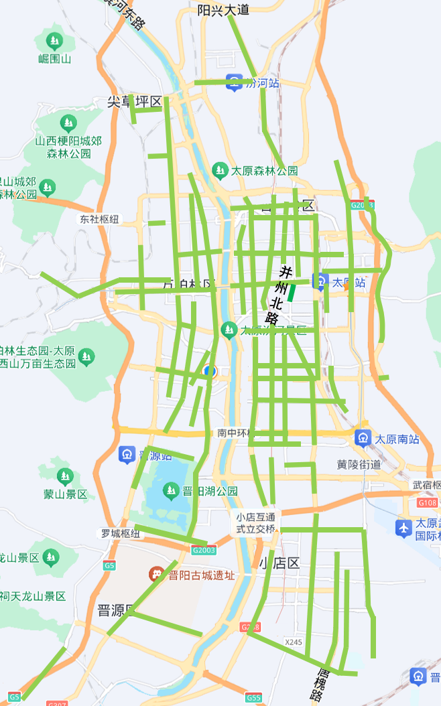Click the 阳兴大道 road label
tap(224, 9)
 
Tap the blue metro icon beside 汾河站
tap(233, 82)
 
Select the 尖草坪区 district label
tap(135, 102)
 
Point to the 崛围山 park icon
tap(54, 39)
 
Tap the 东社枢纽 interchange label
tap(99, 219)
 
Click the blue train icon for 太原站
tap(321, 282)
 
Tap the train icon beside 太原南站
tap(363, 439)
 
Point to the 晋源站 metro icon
tap(127, 455)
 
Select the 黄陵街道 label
tap(359, 464)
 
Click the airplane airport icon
tap(403, 528)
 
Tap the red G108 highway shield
tap(427, 502)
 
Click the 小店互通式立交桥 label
tap(255, 522)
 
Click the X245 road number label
tap(294, 642)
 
